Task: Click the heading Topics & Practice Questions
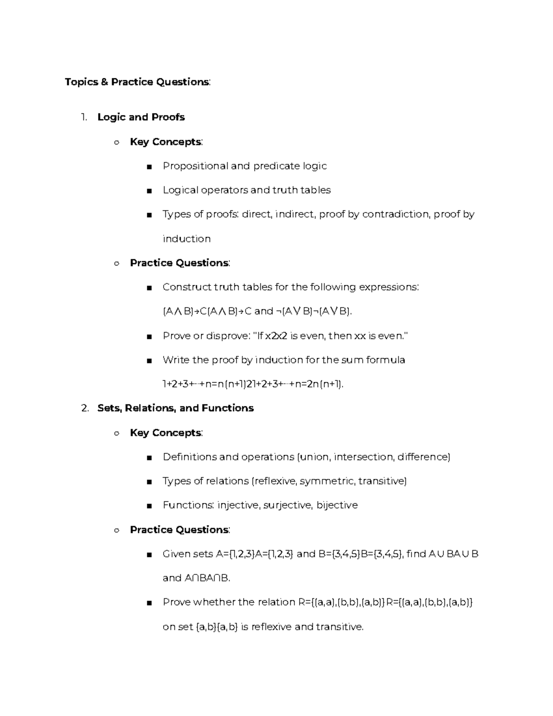pyautogui.click(x=137, y=82)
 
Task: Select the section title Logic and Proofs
pyautogui.click(x=141, y=117)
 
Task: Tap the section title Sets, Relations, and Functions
pyautogui.click(x=176, y=408)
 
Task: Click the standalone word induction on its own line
pyautogui.click(x=187, y=239)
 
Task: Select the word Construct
pyautogui.click(x=187, y=287)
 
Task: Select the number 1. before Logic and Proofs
pyautogui.click(x=83, y=117)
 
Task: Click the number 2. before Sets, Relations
pyautogui.click(x=84, y=408)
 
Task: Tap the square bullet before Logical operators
pyautogui.click(x=148, y=191)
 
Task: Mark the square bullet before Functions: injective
pyautogui.click(x=148, y=506)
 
